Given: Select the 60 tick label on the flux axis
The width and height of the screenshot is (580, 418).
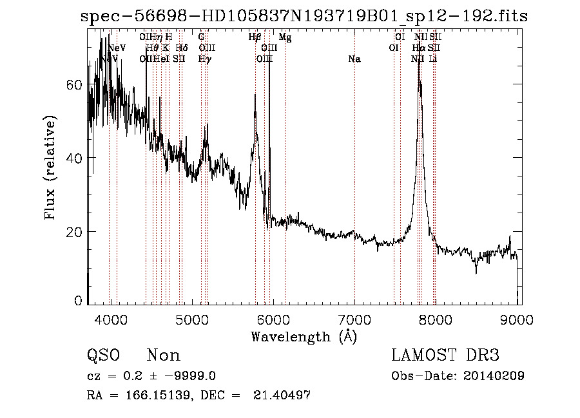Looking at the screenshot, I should [x=74, y=85].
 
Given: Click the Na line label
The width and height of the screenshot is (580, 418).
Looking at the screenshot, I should [x=354, y=59].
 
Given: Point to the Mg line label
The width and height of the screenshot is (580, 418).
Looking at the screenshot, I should [x=285, y=37].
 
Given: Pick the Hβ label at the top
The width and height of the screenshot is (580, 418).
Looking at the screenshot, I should [x=255, y=37].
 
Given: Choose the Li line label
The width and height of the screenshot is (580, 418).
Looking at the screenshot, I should [x=433, y=59].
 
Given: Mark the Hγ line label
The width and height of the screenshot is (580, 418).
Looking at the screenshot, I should [x=204, y=59].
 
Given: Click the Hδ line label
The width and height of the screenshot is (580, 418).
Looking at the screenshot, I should [x=182, y=48].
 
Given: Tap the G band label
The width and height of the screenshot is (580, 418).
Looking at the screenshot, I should [x=202, y=37].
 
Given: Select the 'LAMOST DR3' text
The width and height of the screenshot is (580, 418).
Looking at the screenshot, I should [x=445, y=356].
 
